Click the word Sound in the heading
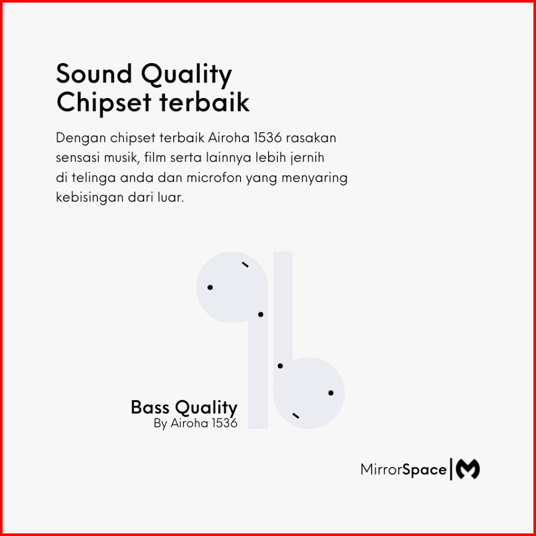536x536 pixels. [94, 74]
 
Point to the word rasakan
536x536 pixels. [311, 138]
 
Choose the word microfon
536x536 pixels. [214, 178]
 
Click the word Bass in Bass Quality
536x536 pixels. [150, 407]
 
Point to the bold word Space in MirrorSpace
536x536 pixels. [424, 470]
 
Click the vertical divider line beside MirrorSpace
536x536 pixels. [451, 469]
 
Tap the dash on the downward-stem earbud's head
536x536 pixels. [245, 264]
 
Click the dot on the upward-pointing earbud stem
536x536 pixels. [280, 366]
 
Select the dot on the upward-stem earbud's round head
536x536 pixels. [331, 393]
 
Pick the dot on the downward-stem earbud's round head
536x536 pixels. [210, 287]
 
